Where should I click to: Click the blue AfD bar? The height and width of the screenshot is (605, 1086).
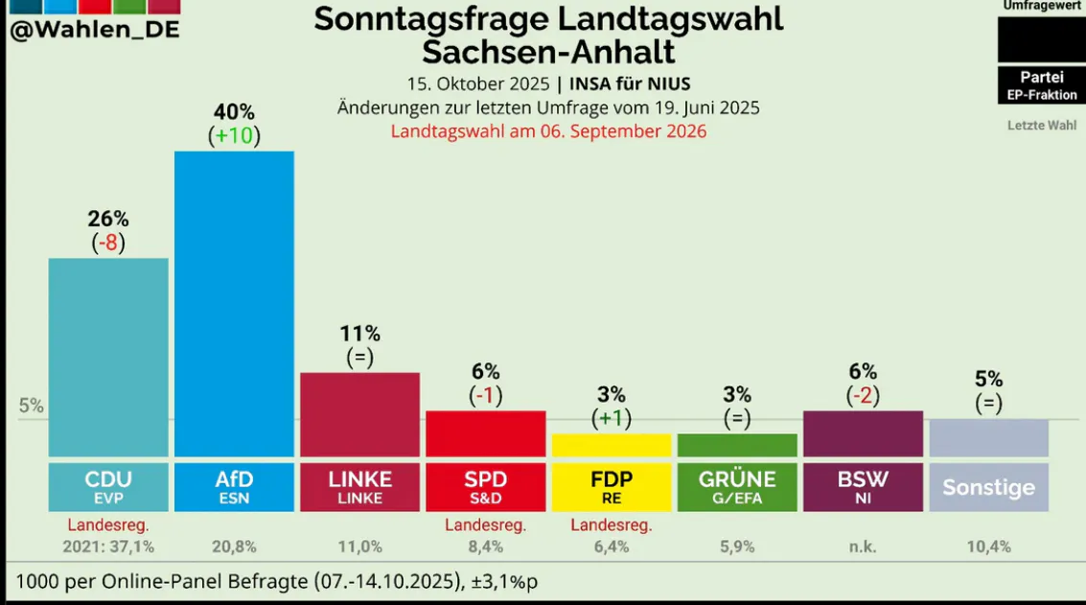pos(234,303)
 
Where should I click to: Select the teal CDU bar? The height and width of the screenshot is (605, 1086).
pos(108,357)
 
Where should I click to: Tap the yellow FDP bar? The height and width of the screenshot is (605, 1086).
pos(611,445)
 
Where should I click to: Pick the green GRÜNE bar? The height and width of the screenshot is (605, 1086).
pos(737,445)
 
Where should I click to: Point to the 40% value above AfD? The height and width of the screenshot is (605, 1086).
pos(234,113)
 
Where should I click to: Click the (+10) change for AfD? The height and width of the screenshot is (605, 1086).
pos(234,135)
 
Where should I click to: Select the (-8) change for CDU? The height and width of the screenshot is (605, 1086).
pos(108,242)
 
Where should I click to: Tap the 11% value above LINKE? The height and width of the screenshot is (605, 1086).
pos(359,334)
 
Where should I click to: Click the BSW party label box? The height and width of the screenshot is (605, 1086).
pos(863,487)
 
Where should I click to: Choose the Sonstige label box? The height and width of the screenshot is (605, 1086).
pos(988,487)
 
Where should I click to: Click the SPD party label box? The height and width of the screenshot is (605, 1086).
pos(485,487)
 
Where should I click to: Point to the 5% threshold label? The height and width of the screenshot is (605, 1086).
pos(32,406)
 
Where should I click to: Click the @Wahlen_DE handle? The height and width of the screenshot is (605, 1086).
pos(94,30)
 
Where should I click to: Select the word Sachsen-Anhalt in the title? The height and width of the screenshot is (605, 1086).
pos(548,51)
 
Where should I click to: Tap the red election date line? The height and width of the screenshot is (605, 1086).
pos(548,131)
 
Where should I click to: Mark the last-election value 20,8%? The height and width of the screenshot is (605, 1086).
pos(234,547)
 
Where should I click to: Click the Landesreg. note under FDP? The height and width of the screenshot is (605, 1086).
pos(611,525)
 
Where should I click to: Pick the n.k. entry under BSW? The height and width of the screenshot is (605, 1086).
pos(863,547)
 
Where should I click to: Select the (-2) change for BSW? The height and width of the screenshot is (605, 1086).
pos(863,394)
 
